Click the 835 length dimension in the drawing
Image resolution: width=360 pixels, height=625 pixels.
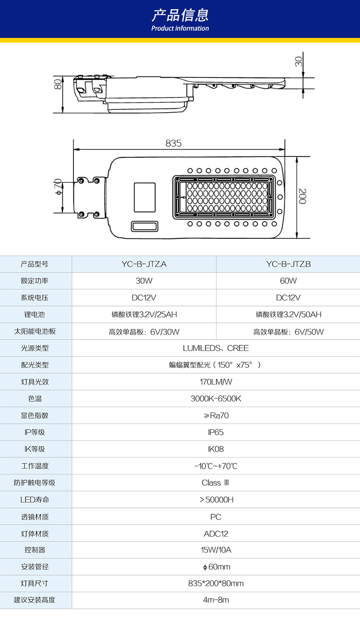(x=173, y=143)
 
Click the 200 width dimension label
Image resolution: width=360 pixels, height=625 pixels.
(x=302, y=197)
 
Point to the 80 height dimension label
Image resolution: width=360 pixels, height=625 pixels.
(x=58, y=84)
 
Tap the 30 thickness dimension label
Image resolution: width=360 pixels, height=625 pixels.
(x=299, y=61)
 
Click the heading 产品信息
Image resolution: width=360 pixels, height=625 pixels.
(x=180, y=15)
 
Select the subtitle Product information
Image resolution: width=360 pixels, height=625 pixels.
(x=180, y=28)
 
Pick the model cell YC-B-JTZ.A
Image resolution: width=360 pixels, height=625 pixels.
(x=144, y=264)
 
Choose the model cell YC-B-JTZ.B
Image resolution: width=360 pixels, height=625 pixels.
(x=288, y=264)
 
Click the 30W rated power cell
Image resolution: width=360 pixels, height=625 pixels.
(x=144, y=281)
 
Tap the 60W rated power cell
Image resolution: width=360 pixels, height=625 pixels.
(x=288, y=281)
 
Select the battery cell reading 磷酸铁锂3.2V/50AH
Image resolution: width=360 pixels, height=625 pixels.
(x=288, y=315)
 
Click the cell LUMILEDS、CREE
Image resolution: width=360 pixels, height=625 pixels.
(x=216, y=348)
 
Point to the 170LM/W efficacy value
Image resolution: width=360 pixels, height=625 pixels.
(x=216, y=382)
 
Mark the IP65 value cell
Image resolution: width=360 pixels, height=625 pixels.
(x=216, y=432)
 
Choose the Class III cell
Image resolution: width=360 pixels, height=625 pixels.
(x=216, y=483)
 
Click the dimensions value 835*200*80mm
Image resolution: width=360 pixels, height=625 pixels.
(x=216, y=584)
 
